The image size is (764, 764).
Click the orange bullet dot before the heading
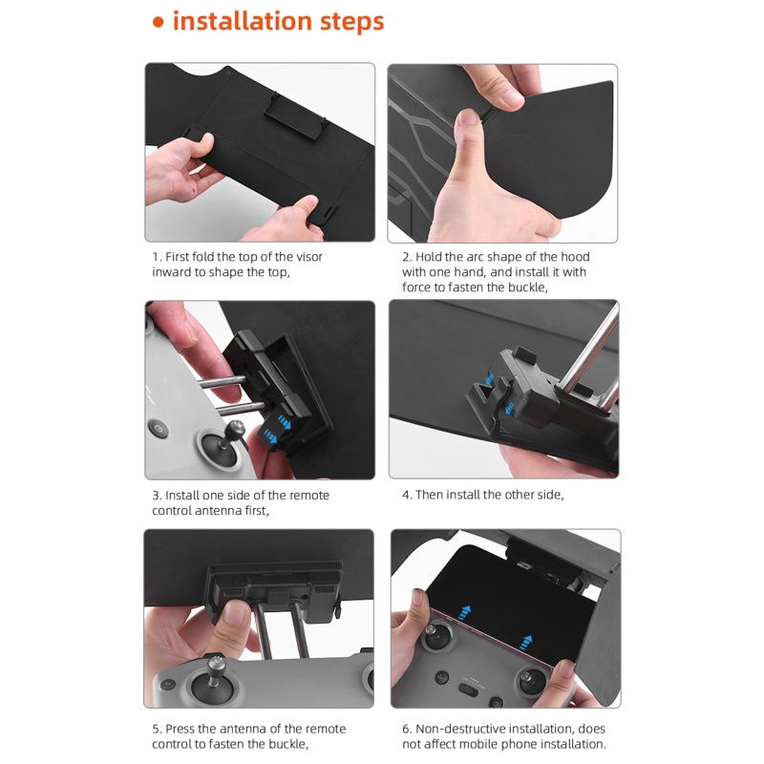tap(159, 22)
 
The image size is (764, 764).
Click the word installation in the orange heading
tap(243, 20)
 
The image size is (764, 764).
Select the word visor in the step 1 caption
tap(309, 257)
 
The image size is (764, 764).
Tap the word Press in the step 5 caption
tap(180, 729)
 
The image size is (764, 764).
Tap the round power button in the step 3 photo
tap(159, 429)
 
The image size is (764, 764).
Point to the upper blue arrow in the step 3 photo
tap(285, 421)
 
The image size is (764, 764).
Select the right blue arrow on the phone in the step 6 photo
tap(525, 642)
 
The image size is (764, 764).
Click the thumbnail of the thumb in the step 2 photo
tap(468, 117)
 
